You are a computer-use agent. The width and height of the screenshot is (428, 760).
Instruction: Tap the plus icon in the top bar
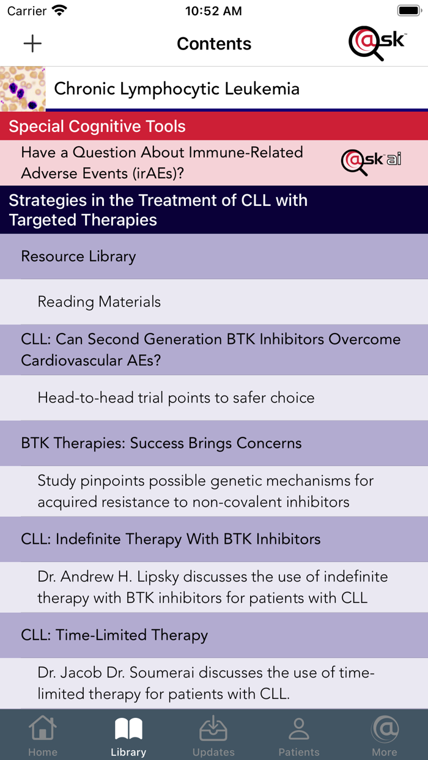[32, 43]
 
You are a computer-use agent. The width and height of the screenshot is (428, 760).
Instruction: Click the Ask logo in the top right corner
[377, 43]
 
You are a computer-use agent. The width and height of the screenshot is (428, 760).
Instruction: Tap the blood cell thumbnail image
[23, 89]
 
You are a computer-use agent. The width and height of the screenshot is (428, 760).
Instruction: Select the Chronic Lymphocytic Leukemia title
[177, 89]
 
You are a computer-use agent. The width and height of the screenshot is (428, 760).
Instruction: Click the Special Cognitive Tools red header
[214, 126]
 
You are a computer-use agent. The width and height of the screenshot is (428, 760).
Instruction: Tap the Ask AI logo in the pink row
[371, 162]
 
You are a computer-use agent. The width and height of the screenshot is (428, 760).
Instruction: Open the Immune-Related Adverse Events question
[162, 163]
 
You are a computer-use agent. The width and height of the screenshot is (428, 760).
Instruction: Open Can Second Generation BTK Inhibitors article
[210, 349]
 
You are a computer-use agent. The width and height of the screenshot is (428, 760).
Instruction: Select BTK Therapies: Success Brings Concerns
[161, 444]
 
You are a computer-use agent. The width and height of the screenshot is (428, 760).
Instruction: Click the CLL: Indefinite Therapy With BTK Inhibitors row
[171, 539]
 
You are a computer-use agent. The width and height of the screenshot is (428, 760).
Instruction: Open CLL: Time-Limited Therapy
[114, 635]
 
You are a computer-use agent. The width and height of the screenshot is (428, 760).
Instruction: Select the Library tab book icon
[128, 729]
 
